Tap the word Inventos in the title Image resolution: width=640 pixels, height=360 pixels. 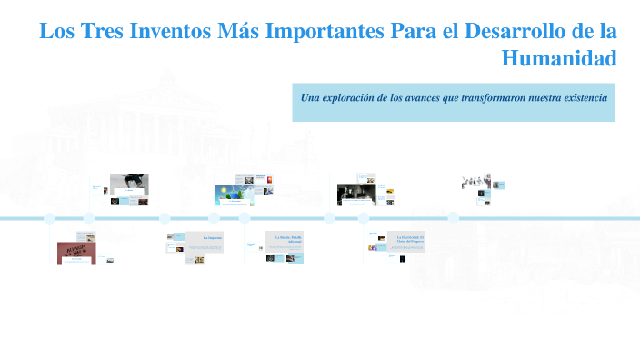171,31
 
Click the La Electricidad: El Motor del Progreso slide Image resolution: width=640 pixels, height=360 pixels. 405,240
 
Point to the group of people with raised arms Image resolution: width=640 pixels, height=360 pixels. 475,180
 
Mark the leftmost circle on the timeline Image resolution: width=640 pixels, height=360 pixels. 49,218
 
